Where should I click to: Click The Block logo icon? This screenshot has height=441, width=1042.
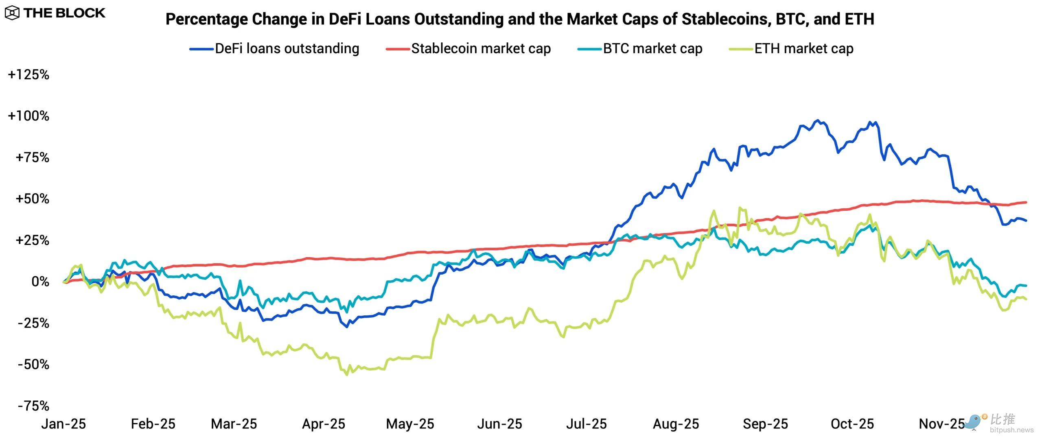pyautogui.click(x=12, y=13)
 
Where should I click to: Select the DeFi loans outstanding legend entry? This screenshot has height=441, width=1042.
pyautogui.click(x=274, y=49)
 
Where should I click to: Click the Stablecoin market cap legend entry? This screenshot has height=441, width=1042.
pyautogui.click(x=468, y=49)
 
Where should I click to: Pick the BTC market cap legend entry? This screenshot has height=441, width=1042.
pyautogui.click(x=640, y=49)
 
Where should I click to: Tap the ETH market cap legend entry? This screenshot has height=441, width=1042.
pyautogui.click(x=791, y=49)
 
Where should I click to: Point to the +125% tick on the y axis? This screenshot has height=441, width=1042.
pyautogui.click(x=28, y=74)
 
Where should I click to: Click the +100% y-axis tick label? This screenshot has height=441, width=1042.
pyautogui.click(x=28, y=116)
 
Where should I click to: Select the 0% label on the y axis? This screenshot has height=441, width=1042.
pyautogui.click(x=40, y=282)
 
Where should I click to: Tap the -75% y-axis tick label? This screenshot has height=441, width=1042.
pyautogui.click(x=33, y=406)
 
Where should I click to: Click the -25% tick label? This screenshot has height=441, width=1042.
pyautogui.click(x=33, y=323)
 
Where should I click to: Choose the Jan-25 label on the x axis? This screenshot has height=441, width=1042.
pyautogui.click(x=63, y=424)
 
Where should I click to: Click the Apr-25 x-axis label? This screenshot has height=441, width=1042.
pyautogui.click(x=324, y=424)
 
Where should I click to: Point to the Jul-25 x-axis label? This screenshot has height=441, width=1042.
pyautogui.click(x=586, y=424)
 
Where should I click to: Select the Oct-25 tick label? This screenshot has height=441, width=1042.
pyautogui.click(x=852, y=424)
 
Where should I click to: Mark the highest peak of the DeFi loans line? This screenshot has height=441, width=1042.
pyautogui.click(x=818, y=120)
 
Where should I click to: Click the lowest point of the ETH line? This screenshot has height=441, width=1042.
pyautogui.click(x=347, y=374)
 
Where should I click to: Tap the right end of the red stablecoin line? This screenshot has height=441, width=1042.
pyautogui.click(x=1026, y=202)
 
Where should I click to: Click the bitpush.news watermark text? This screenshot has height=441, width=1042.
pyautogui.click(x=1011, y=430)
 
